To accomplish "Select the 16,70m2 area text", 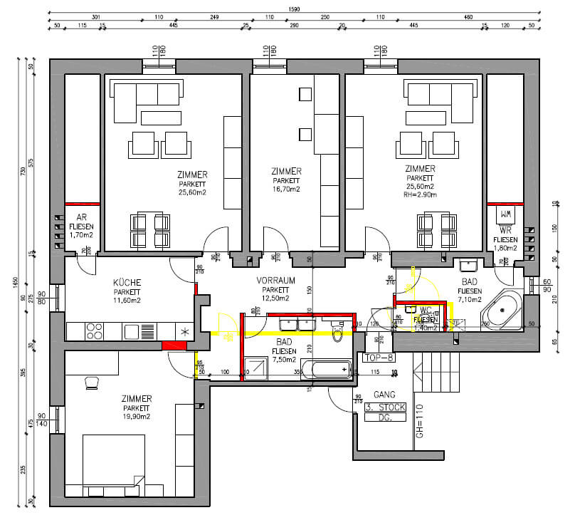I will coord(286,189).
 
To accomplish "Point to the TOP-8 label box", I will coord(379,358).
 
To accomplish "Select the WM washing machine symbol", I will coord(506,214).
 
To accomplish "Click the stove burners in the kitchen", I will coord(94,331).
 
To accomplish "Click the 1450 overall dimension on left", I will coord(16,281).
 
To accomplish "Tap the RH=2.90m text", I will coord(421,194).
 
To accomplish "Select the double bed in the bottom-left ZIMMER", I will coord(114,463).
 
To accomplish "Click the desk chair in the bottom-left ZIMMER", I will coord(92,383).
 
